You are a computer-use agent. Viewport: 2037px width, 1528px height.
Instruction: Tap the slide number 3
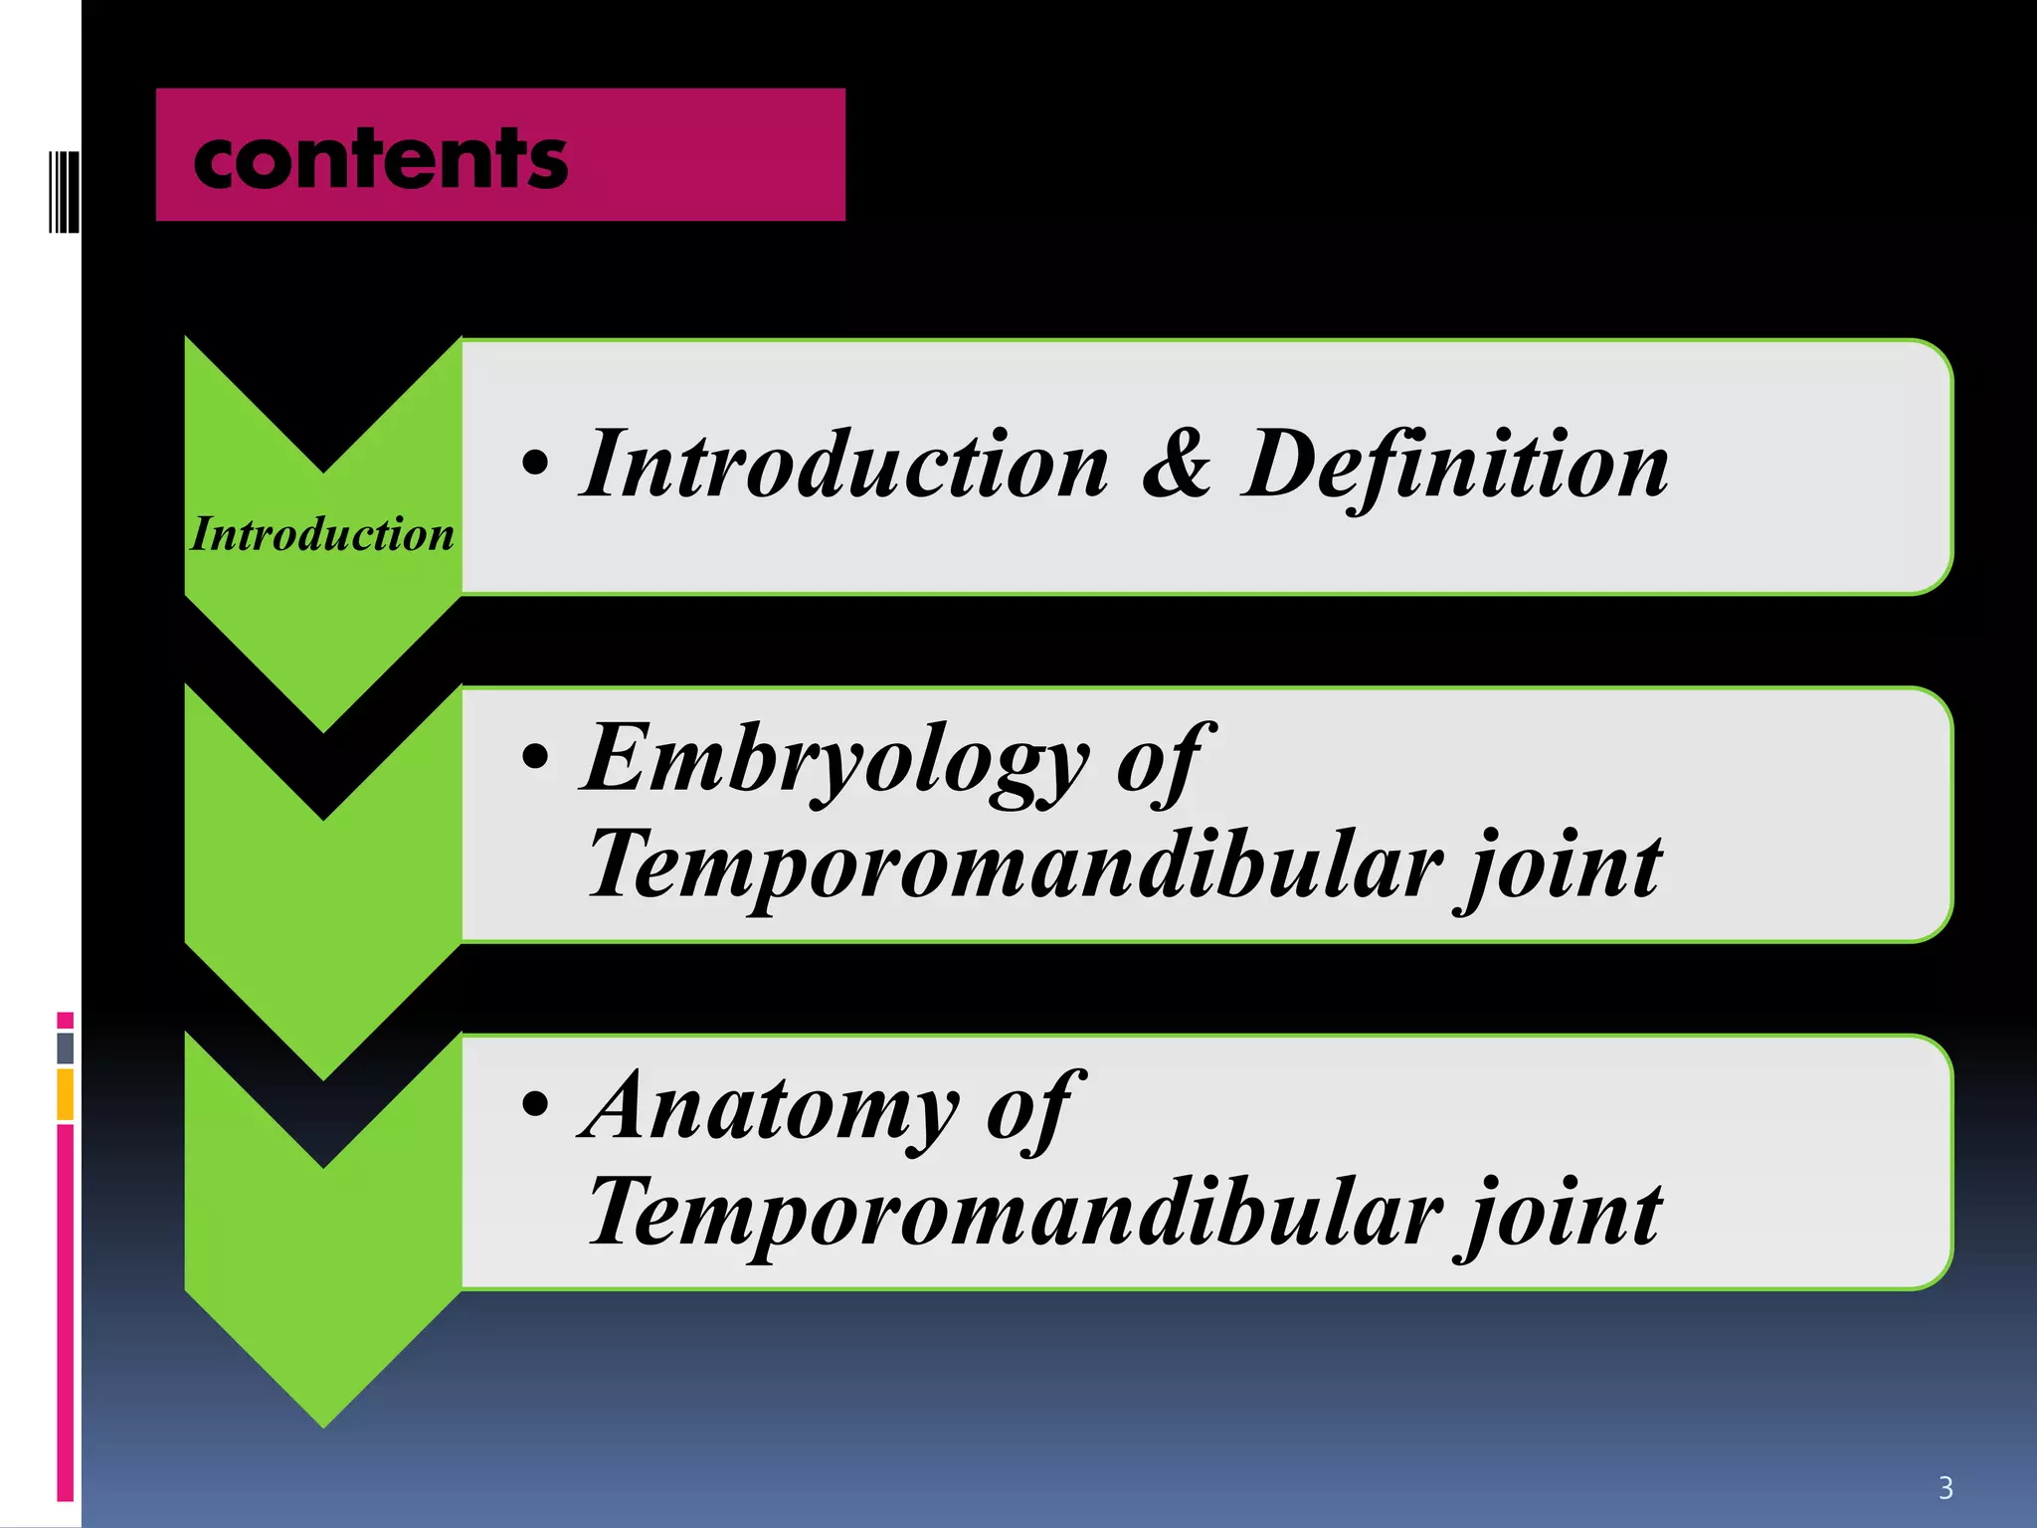[1945, 1488]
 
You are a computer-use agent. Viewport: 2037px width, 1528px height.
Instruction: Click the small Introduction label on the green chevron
[322, 534]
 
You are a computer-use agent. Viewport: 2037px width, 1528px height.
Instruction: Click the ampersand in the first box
[1177, 465]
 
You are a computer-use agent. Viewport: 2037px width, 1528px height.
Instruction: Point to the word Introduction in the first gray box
[844, 465]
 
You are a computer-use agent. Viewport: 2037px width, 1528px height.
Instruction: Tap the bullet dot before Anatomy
[535, 1104]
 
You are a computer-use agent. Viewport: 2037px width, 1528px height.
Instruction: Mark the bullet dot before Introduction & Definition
[535, 463]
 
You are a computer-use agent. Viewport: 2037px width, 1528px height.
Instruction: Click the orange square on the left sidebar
[66, 1094]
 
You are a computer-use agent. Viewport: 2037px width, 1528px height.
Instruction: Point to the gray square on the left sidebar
[66, 1048]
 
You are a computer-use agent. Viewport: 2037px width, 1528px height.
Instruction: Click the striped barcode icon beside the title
[64, 192]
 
